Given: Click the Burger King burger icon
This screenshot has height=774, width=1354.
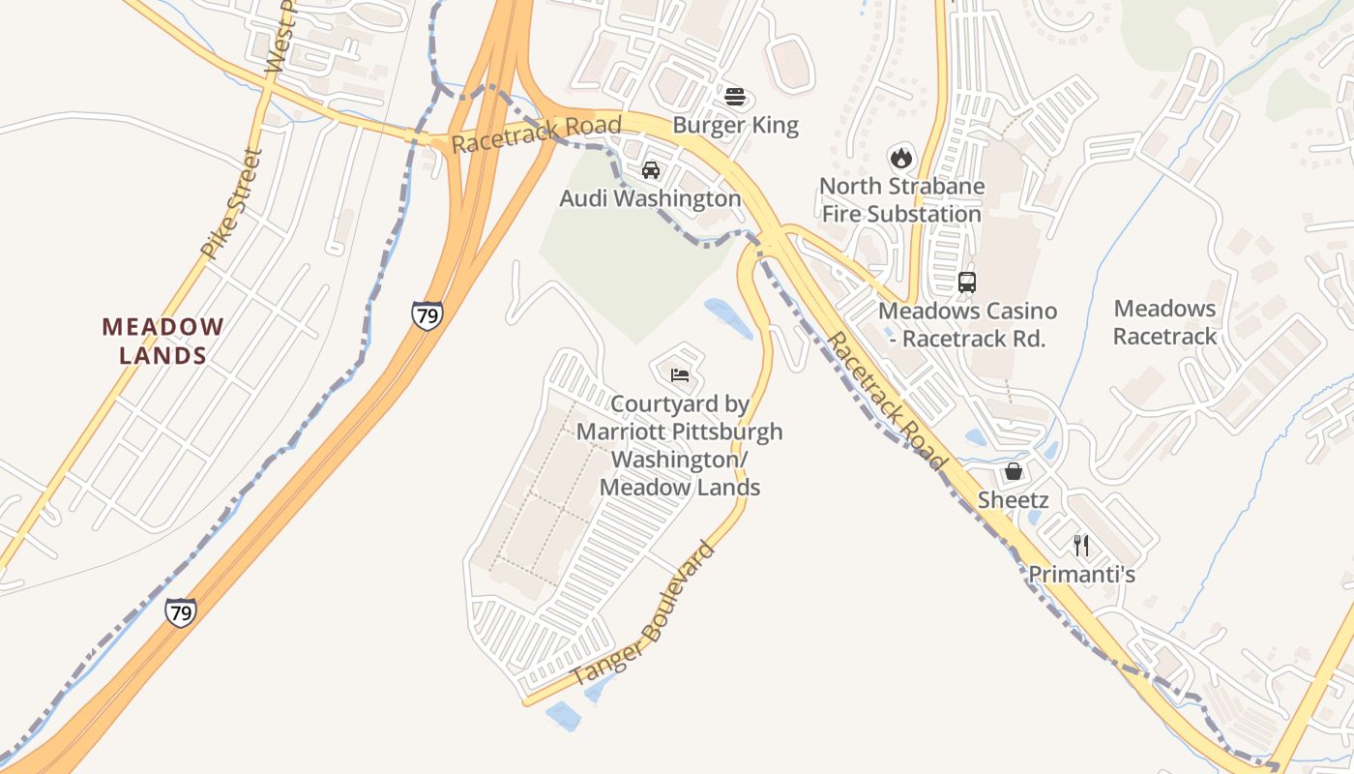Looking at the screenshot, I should pyautogui.click(x=735, y=97).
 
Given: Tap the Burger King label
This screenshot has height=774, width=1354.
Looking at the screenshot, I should pyautogui.click(x=735, y=126).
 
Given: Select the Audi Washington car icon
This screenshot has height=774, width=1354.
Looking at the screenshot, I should pyautogui.click(x=651, y=170).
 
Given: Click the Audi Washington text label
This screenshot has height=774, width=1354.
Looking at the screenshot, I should pyautogui.click(x=650, y=199).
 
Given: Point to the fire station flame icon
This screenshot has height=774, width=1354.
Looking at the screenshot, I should pyautogui.click(x=901, y=157).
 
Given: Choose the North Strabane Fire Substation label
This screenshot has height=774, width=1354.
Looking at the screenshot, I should pyautogui.click(x=901, y=200).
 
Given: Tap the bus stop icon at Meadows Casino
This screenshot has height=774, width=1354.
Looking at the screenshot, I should pyautogui.click(x=966, y=283).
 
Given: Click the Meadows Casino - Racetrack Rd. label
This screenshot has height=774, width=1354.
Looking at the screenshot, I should pyautogui.click(x=967, y=325).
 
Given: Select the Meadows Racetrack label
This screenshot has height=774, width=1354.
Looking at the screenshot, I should pyautogui.click(x=1164, y=322).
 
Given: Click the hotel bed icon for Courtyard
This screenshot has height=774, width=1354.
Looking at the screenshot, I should pyautogui.click(x=680, y=374).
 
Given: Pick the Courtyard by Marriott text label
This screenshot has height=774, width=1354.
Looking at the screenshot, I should pyautogui.click(x=680, y=445).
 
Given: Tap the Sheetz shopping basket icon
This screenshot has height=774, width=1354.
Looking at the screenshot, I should pyautogui.click(x=1014, y=471).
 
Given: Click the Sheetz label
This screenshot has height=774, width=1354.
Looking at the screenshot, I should pyautogui.click(x=1014, y=500).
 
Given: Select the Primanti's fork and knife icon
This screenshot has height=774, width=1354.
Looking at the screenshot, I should pyautogui.click(x=1081, y=546).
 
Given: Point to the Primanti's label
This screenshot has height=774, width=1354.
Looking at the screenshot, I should pyautogui.click(x=1081, y=575).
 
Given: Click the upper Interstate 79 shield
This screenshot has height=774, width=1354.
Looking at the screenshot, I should pyautogui.click(x=427, y=314).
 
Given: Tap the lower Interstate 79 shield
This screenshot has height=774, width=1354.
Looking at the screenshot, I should pyautogui.click(x=180, y=611).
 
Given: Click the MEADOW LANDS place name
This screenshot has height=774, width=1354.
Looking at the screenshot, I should pyautogui.click(x=162, y=341).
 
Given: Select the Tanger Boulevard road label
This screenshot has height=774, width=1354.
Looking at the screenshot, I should pyautogui.click(x=644, y=615).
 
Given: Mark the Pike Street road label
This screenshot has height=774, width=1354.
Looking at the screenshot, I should pyautogui.click(x=232, y=203).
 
